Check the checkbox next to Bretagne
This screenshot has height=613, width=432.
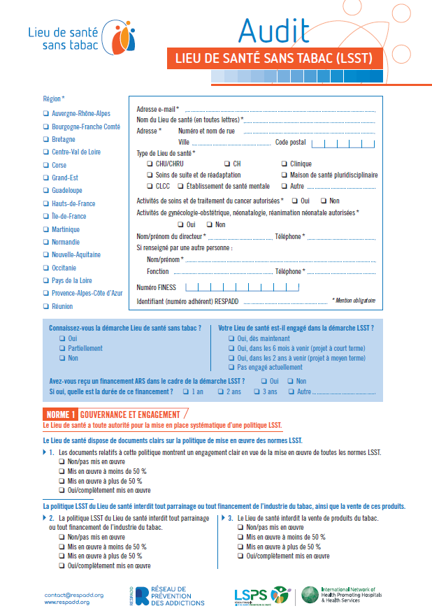45,139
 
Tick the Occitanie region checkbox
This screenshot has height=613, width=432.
45,268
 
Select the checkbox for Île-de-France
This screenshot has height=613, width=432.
45,217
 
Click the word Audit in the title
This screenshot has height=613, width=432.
273,30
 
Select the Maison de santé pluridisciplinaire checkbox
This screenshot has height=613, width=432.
283,175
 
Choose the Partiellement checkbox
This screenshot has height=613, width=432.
62,348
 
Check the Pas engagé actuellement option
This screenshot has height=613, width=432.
231,367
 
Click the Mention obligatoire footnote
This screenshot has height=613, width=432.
354,301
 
